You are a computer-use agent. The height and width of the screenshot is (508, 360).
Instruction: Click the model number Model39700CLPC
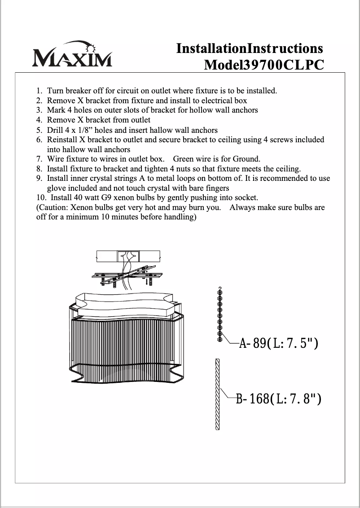263,65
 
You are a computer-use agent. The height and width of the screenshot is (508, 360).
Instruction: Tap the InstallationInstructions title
250,48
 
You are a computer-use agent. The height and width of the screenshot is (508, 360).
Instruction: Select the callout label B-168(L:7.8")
278,399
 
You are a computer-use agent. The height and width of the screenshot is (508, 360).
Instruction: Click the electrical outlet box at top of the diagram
128,256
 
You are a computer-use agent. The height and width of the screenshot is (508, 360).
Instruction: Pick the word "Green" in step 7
184,159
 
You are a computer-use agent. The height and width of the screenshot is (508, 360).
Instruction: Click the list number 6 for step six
39,140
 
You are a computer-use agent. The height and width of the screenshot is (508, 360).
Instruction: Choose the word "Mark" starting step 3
56,110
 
